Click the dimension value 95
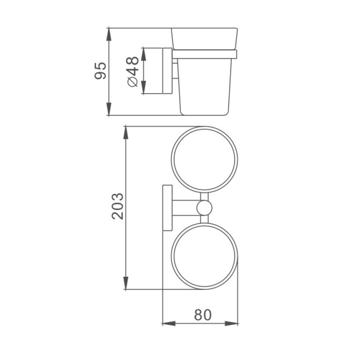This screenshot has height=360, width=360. coord(100,71)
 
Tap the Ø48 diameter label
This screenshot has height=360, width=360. coord(132,72)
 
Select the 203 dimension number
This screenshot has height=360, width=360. coord(117,206)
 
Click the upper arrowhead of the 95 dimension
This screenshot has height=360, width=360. coord(108,34)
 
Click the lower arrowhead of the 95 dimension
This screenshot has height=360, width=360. coord(108,109)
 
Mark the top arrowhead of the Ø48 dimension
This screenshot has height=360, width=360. coord(144,54)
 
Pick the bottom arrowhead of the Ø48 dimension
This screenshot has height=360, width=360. coord(144,87)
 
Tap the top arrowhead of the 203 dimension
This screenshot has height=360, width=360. coord(126,133)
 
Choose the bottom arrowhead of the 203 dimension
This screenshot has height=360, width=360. coord(126,283)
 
